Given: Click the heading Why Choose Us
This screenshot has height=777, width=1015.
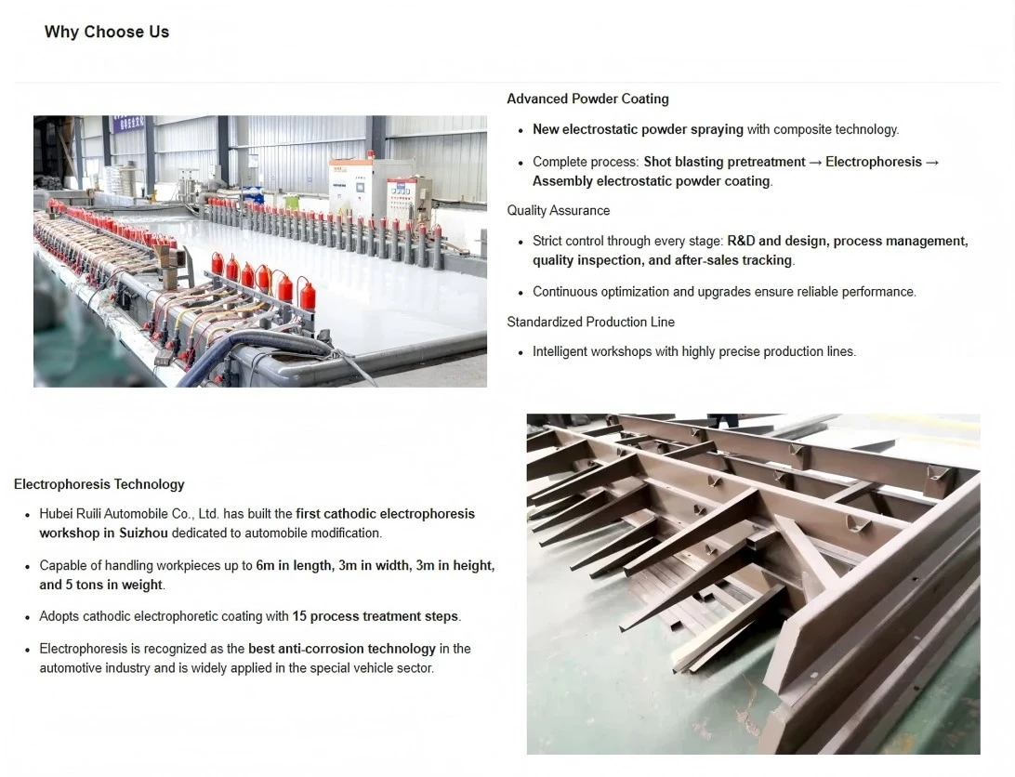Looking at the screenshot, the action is (107, 32).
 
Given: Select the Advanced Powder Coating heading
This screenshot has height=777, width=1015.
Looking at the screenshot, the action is (587, 99).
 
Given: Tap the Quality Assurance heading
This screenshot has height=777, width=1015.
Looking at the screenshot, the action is (558, 210).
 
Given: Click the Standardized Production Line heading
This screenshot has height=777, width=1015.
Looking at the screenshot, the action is (590, 322).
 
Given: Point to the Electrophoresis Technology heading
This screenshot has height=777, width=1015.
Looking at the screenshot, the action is (99, 484).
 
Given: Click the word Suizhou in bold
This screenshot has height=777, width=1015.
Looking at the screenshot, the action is (143, 533).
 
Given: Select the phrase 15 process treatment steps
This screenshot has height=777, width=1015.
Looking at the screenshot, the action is (376, 616).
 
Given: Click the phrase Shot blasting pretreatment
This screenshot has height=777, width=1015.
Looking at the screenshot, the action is (724, 162).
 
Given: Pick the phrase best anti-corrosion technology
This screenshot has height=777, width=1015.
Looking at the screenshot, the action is (342, 649).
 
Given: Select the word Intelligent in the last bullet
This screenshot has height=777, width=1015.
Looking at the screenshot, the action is (559, 351).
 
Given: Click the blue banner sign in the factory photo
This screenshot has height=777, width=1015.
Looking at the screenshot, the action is (126, 123).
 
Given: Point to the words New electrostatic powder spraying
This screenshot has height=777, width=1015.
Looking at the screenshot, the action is (638, 129).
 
